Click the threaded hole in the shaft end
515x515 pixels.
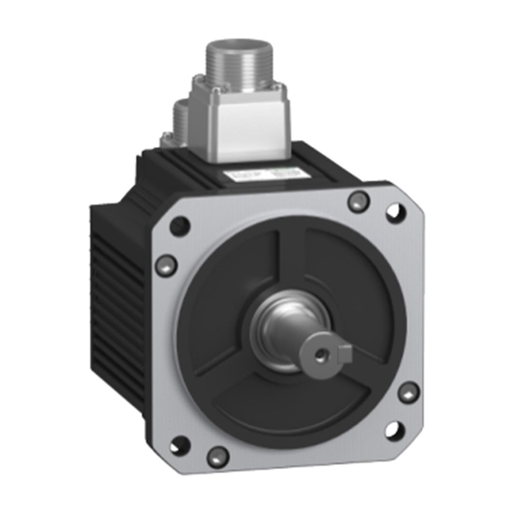[319, 354]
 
